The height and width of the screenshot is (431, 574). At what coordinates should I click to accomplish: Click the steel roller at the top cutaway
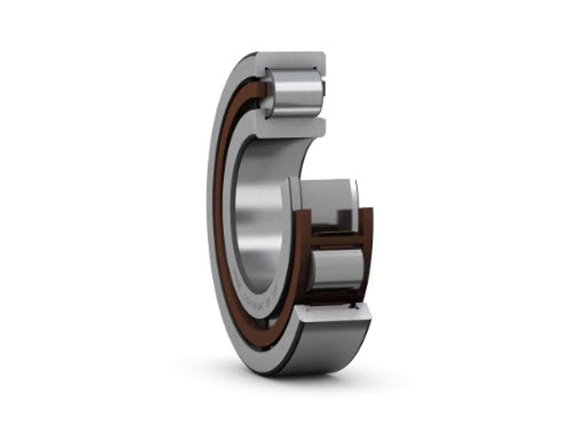click(295, 93)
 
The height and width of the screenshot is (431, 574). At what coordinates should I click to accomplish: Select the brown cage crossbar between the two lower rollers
click(336, 240)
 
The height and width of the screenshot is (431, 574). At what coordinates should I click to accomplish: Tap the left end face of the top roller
click(268, 93)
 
